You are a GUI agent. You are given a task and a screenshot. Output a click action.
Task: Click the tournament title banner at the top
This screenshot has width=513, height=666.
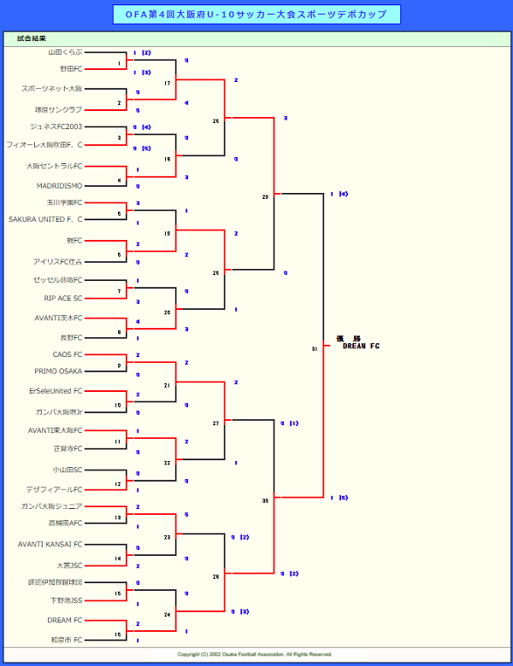pos(256,15)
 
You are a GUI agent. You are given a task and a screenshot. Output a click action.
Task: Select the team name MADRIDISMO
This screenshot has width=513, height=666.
pos(59,185)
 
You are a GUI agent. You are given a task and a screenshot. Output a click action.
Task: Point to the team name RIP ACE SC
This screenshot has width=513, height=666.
pos(63,298)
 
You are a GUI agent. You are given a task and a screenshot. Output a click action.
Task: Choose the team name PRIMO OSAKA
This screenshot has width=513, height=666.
pos(58,371)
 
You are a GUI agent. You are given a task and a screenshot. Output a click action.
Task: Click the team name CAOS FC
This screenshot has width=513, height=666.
pos(68,353)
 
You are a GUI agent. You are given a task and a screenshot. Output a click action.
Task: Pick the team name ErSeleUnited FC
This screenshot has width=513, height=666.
pos(56,390)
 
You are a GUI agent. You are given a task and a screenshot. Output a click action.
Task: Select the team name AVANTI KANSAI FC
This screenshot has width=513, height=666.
pos(50,544)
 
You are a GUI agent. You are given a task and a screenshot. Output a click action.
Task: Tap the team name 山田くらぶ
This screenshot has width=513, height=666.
pos(65,52)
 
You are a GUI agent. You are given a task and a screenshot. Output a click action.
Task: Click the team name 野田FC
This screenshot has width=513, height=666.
pos(71,68)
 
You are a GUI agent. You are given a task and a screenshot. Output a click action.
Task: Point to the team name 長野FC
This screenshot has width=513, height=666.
pos(71,337)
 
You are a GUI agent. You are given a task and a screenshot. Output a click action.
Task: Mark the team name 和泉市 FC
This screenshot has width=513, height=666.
pos(66,639)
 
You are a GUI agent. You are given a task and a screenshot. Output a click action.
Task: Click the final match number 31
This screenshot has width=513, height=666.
pos(315,348)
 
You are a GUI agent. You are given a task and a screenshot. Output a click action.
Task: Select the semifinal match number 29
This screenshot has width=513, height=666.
pos(265,197)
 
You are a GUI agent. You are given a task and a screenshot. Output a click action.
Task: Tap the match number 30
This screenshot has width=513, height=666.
pos(265,499)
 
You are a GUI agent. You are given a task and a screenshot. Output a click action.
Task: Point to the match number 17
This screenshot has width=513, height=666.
pos(167,83)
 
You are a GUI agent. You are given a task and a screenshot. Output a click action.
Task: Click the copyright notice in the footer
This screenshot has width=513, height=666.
pos(255,654)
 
